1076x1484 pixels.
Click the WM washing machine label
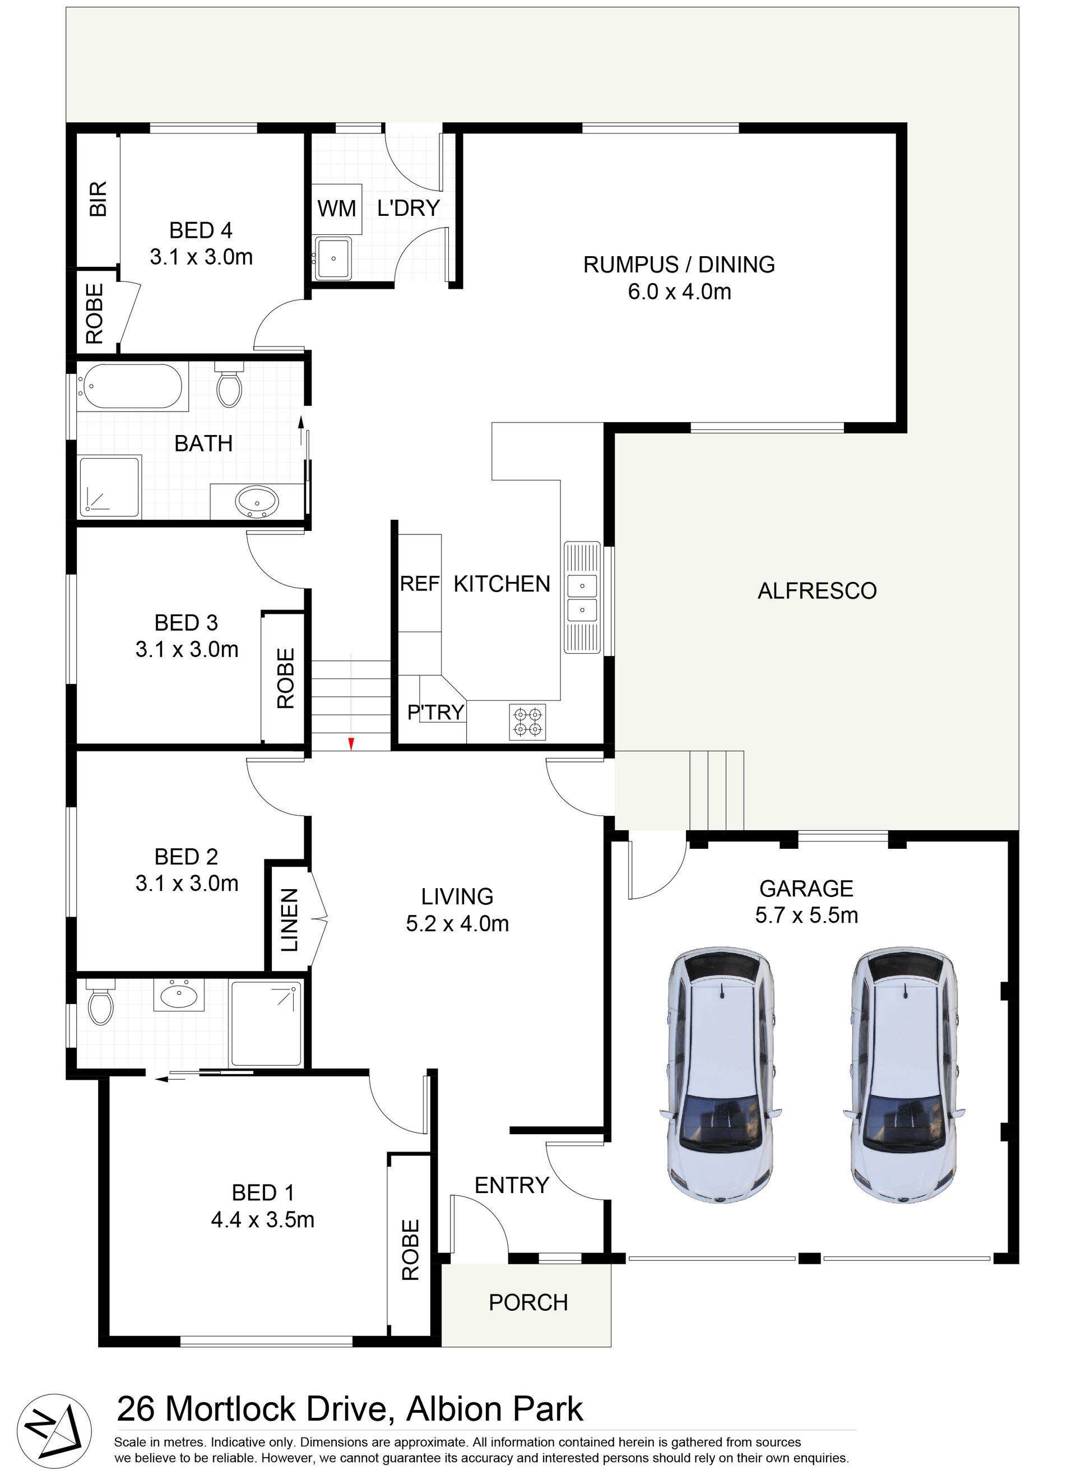[x=337, y=209]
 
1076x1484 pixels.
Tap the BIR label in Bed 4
[x=98, y=200]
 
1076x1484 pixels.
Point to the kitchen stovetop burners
[x=527, y=722]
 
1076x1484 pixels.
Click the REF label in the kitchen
[x=420, y=584]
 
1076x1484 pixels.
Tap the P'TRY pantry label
[x=435, y=712]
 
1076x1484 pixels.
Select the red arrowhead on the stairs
[x=351, y=743]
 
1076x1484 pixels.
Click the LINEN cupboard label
[x=289, y=919]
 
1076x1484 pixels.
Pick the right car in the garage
[x=904, y=1074]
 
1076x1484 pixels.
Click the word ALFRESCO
[x=817, y=591]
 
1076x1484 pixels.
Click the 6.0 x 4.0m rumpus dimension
[x=680, y=291]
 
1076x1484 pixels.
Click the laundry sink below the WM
[x=333, y=258]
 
